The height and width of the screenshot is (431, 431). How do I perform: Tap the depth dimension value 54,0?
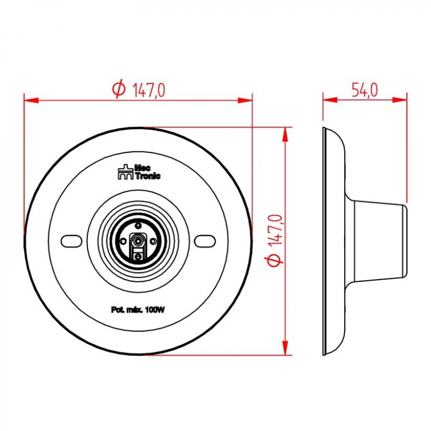tap(364, 90)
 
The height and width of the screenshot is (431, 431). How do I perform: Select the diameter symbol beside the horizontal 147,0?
tap(119, 90)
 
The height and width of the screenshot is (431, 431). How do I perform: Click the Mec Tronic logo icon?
tap(125, 172)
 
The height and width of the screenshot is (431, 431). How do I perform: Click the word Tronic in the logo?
tap(147, 176)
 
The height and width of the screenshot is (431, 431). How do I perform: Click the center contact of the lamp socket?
tap(138, 240)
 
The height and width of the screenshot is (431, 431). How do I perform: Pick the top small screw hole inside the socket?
tap(138, 226)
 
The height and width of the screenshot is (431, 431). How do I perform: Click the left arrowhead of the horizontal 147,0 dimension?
tap(30, 100)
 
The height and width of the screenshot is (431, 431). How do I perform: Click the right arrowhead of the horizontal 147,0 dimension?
tap(246, 100)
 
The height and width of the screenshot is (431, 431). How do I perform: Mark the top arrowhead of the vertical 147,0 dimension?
tap(286, 134)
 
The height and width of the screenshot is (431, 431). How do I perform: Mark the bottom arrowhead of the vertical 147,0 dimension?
tap(286, 349)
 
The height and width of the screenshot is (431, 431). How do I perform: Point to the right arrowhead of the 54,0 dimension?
tap(401, 100)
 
